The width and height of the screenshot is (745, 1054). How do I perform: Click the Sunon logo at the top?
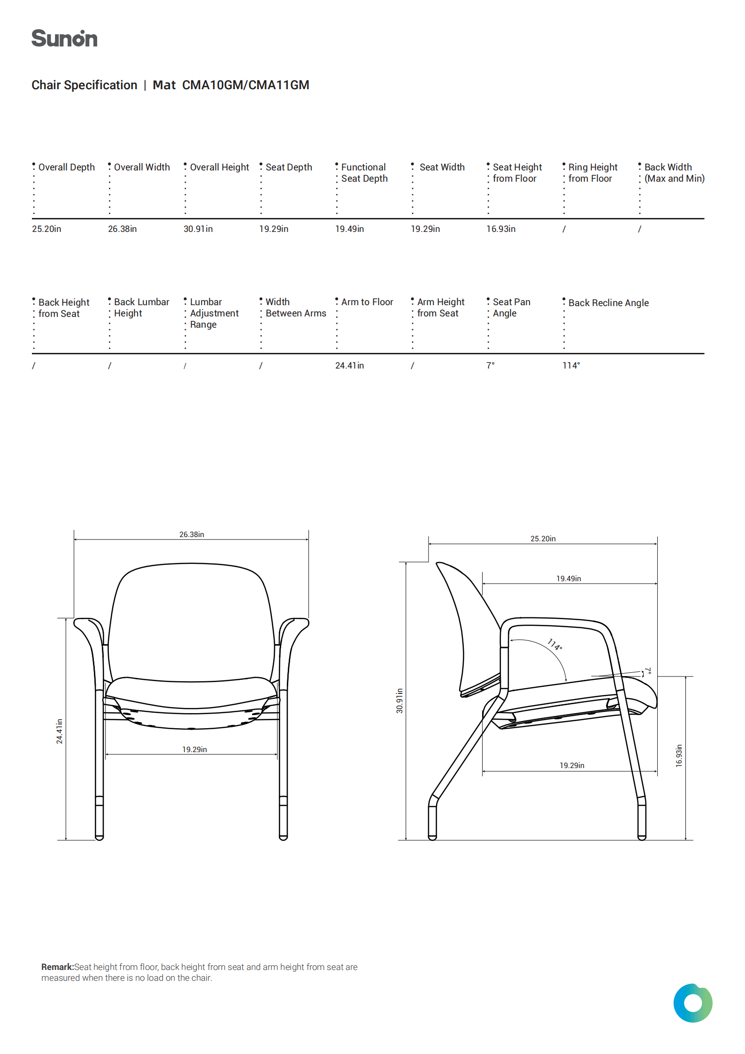point(64,38)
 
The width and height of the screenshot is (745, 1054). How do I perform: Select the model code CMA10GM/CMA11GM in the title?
point(246,85)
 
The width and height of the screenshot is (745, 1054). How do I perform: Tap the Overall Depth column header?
point(66,167)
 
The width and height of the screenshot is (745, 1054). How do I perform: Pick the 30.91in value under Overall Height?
point(198,229)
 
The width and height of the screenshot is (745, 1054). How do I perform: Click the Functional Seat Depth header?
point(364,173)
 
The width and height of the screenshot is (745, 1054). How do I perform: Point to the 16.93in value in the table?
point(500,229)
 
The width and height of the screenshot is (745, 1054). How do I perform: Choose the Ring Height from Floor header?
point(592,173)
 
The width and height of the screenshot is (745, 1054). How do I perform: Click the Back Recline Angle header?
point(608,303)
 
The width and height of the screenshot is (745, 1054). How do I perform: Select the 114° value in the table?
point(571,366)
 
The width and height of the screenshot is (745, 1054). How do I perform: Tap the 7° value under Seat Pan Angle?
point(490,366)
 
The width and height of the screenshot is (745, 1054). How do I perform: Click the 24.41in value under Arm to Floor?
point(349,366)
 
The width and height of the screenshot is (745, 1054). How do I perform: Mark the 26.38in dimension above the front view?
point(192,534)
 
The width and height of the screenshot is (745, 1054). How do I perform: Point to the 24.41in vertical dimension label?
point(59,731)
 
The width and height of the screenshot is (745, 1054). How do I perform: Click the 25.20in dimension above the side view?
point(543,539)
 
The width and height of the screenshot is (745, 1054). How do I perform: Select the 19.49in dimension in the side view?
point(568,578)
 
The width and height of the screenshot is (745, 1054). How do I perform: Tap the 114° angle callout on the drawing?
point(554,644)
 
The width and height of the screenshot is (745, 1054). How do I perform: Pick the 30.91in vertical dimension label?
point(399,700)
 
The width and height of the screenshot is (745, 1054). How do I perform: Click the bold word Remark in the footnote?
point(57,967)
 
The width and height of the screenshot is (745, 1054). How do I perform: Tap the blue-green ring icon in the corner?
point(692,1003)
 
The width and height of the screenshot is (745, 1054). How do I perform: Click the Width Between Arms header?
point(295,308)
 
